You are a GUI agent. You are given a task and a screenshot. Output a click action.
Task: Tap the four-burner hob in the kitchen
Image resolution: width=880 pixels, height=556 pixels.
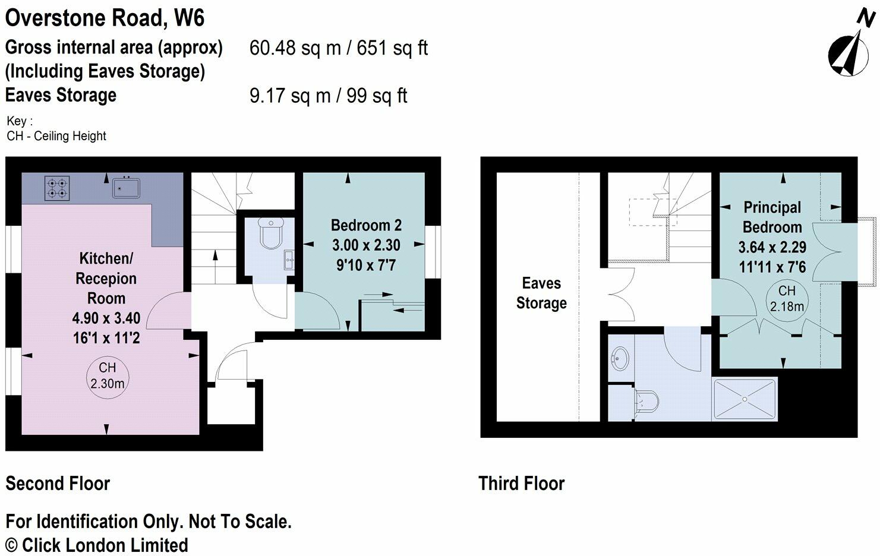(x=57, y=188)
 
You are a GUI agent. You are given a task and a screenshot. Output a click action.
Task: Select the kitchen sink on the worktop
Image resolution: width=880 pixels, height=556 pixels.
(x=126, y=188)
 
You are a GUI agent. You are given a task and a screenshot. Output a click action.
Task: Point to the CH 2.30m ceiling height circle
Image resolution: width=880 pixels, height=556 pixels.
(x=108, y=376)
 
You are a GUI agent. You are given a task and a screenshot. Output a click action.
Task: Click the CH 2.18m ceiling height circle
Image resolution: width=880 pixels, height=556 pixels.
(x=787, y=299)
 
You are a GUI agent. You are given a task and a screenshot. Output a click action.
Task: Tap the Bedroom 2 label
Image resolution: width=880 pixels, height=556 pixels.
(x=366, y=225)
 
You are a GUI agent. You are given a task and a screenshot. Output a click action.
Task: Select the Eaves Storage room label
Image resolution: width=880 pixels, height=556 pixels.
(x=541, y=293)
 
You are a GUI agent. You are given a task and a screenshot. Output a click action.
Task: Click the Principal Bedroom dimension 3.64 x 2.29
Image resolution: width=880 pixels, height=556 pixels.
(x=772, y=247)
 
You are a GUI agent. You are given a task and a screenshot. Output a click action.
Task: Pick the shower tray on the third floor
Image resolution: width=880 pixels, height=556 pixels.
(x=745, y=400)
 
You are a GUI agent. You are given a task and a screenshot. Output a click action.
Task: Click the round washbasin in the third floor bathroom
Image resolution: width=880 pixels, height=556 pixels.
(x=620, y=359)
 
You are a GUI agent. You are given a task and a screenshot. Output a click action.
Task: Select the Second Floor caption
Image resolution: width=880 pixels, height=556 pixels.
(x=58, y=484)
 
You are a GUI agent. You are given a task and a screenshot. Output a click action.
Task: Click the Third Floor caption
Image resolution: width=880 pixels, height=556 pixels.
(x=521, y=484)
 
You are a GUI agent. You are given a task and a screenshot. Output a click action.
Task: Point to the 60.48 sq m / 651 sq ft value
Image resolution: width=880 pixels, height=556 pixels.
(x=338, y=48)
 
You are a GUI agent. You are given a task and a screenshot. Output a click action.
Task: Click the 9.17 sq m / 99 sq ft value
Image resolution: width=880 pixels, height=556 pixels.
(x=328, y=96)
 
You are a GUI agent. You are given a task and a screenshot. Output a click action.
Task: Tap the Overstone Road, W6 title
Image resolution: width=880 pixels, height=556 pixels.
(x=105, y=18)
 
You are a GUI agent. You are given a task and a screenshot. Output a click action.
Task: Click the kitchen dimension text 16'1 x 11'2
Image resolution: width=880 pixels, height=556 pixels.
(x=106, y=338)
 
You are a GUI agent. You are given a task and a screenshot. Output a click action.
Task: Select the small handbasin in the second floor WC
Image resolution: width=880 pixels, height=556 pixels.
(x=288, y=260)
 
